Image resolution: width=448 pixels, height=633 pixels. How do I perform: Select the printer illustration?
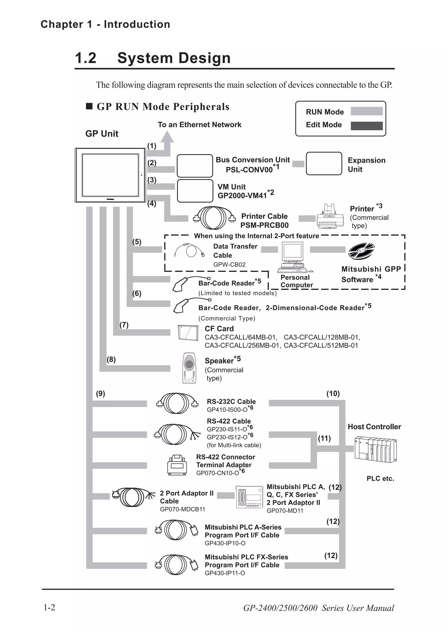click(330, 217)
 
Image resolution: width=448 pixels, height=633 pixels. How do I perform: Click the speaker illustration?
click(189, 368)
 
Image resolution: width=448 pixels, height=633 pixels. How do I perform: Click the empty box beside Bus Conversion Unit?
click(195, 166)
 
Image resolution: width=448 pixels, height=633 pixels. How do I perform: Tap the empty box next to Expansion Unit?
click(324, 163)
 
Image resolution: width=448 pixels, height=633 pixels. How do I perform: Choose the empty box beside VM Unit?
click(195, 191)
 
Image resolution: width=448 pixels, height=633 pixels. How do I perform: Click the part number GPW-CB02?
click(229, 265)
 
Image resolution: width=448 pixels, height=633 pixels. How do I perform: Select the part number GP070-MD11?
click(285, 511)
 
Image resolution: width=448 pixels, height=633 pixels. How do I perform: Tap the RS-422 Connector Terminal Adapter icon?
click(177, 465)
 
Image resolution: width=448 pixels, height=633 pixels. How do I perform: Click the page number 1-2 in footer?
click(49, 607)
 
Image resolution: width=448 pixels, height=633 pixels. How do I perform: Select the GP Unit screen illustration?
click(110, 175)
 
